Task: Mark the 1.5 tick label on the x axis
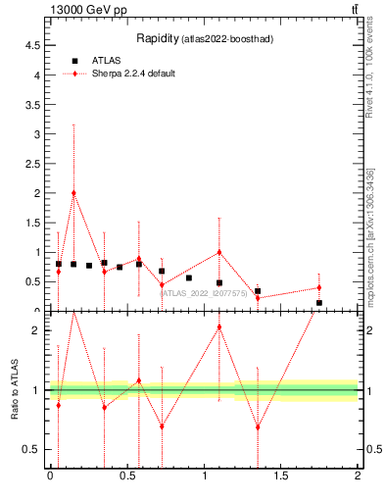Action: (281, 476)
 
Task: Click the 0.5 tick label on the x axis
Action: (126, 476)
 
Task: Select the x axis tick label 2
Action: (358, 476)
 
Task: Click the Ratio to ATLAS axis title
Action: (15, 390)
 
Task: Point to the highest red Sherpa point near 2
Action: (73, 193)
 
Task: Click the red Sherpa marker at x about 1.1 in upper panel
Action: (219, 252)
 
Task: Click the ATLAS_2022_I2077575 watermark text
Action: (204, 293)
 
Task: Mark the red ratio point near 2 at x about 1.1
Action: (219, 326)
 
